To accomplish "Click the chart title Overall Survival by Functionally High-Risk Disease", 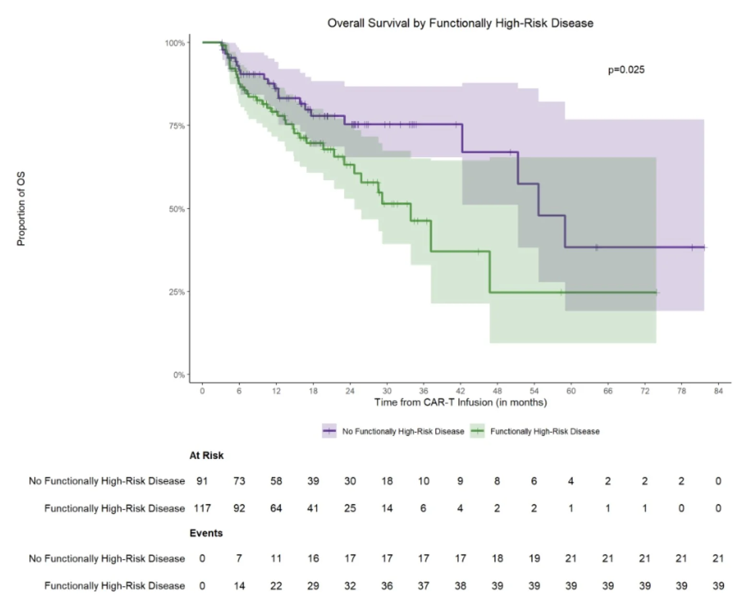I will [x=460, y=23].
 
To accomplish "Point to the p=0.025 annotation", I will [x=626, y=70].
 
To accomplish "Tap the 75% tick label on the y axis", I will [x=177, y=126].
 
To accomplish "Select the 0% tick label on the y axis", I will [x=179, y=375].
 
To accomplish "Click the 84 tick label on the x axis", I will [x=718, y=391].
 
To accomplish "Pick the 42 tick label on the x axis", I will [x=460, y=391].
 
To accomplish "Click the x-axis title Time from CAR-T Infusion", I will [x=460, y=402].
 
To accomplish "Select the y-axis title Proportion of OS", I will [x=21, y=209].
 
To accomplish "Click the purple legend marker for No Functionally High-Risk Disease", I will [x=329, y=431].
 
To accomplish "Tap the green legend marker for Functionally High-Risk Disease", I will [x=477, y=431].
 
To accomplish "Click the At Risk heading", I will [x=206, y=455].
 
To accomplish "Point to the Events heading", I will [x=206, y=533].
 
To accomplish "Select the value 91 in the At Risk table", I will [x=202, y=481].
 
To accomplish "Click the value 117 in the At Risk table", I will [x=202, y=508].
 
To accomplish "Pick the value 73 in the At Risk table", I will [x=239, y=481].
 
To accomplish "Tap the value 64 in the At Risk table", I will [x=276, y=508].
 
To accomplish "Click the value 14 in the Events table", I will [x=239, y=586].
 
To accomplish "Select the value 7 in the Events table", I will [x=239, y=559].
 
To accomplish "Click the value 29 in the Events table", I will [x=313, y=586].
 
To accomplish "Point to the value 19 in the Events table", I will [x=534, y=559].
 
